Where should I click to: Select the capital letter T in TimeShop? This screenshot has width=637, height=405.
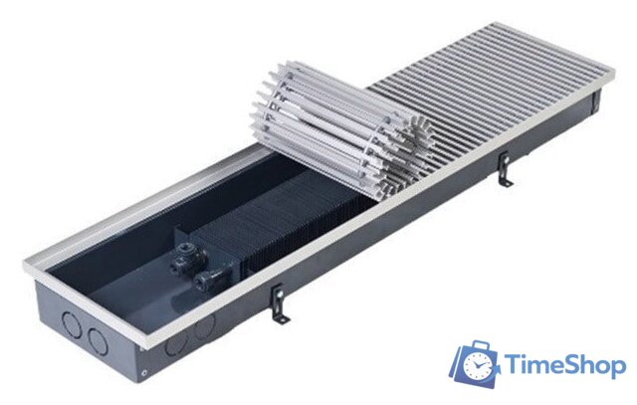(514, 365)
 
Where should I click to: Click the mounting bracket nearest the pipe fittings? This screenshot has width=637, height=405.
(280, 304)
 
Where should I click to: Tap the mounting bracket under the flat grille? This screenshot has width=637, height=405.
(506, 169)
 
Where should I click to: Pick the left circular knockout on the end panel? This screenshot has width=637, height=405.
(72, 323)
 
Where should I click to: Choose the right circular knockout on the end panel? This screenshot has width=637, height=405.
(98, 341)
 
